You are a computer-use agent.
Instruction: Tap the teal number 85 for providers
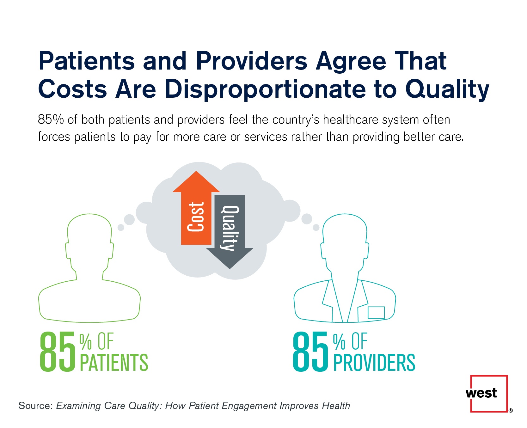coord(311,352)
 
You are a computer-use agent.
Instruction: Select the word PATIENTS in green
coord(114,363)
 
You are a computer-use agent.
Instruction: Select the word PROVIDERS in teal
coord(374,363)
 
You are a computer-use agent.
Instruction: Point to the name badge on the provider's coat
coord(376,312)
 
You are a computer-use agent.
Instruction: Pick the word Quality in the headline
coord(447,89)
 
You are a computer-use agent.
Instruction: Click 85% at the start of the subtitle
coord(51,120)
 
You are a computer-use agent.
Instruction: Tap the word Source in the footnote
coord(35,406)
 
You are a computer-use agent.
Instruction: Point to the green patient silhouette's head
coord(89,234)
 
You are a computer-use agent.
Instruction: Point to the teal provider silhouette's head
coord(345,234)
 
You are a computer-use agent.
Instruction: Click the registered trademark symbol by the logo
coord(511,411)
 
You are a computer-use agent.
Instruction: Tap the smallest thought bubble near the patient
coord(121,227)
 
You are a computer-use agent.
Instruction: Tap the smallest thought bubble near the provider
coord(316,227)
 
